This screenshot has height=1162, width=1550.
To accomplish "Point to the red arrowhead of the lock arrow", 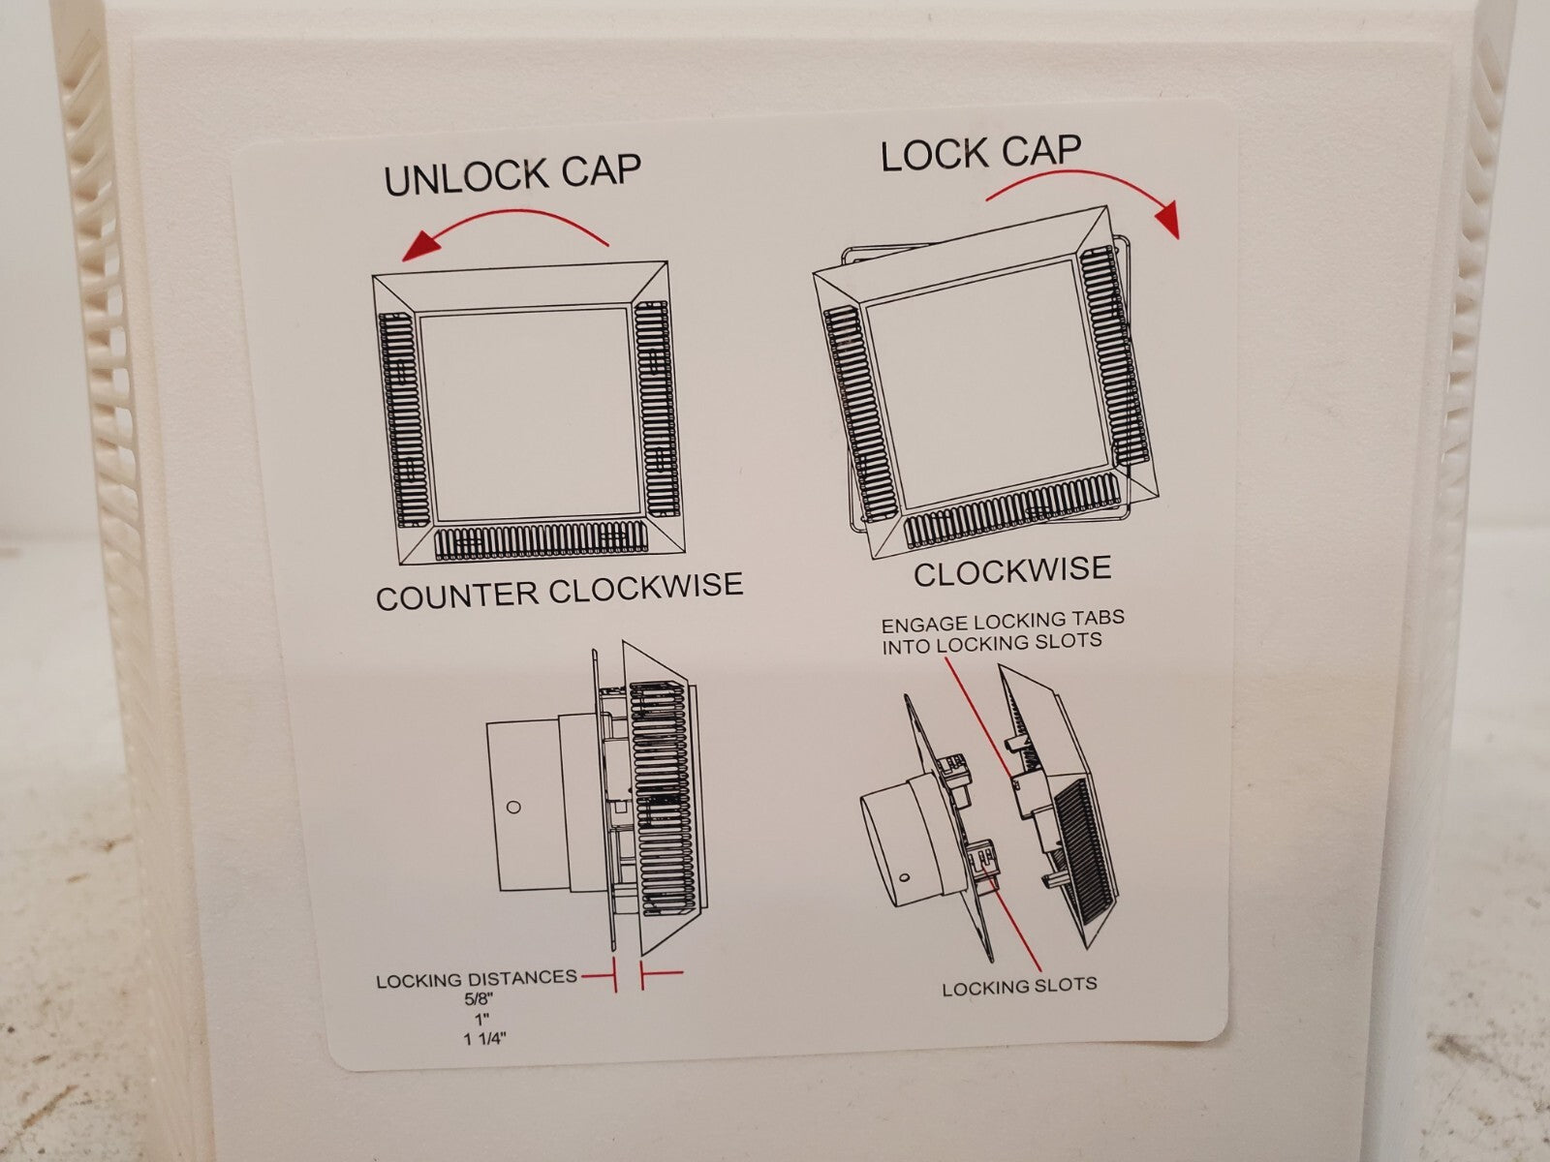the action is pos(1167,219).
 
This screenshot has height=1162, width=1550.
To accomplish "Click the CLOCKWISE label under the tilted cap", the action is pos(1012,571).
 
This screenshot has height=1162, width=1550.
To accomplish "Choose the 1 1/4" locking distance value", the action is pos(485,1038).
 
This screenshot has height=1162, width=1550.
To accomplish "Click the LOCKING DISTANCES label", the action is pos(477,979).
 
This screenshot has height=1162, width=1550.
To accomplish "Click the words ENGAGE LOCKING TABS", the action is pos(1003,622).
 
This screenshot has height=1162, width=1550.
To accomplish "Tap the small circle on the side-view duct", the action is pos(514,807).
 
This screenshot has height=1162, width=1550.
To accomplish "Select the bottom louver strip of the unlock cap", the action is pos(541,542).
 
